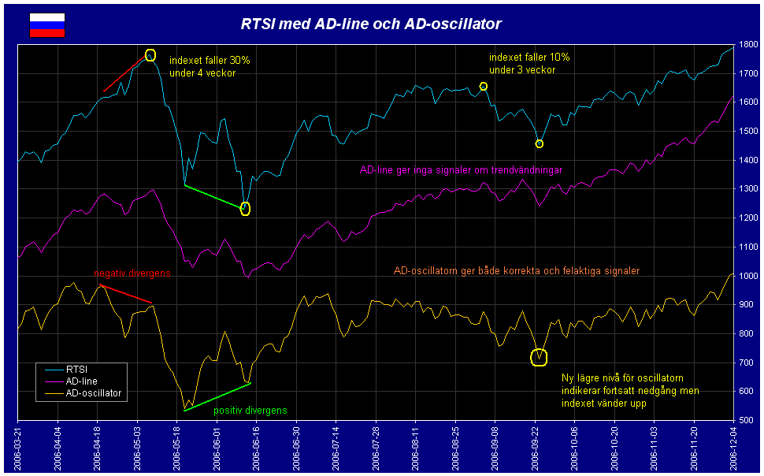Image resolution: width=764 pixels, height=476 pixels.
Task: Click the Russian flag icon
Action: (x=47, y=25)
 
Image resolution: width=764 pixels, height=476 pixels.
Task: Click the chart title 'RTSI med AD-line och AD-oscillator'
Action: (x=371, y=24)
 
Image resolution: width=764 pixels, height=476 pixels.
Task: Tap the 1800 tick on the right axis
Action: (x=748, y=45)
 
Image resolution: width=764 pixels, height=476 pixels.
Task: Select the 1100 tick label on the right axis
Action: (x=748, y=247)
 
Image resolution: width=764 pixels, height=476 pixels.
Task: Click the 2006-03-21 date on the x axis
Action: (x=17, y=447)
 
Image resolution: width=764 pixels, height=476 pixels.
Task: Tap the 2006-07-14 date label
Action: (x=336, y=447)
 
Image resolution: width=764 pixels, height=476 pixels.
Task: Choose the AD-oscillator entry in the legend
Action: (x=94, y=392)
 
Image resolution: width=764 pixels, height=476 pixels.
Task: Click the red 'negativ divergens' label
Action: (x=132, y=273)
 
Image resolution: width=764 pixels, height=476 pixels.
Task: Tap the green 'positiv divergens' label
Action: (x=250, y=411)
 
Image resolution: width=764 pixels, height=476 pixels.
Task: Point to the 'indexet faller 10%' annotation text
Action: (x=528, y=58)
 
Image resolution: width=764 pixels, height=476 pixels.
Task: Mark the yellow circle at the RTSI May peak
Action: (x=150, y=56)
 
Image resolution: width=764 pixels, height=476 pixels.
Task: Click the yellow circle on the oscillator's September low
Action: (x=539, y=357)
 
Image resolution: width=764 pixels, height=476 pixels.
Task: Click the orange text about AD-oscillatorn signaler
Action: (x=516, y=271)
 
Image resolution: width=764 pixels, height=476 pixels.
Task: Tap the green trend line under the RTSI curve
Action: (x=214, y=197)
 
